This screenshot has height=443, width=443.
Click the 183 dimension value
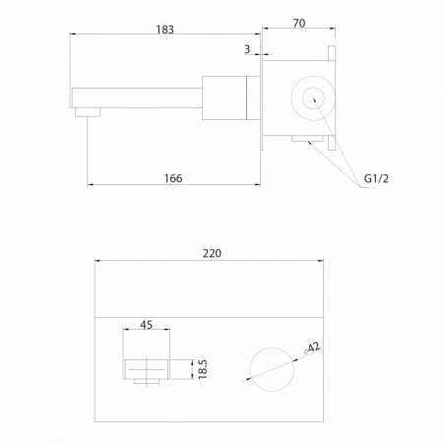[x=164, y=30]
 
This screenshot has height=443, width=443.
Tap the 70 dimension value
[x=299, y=24]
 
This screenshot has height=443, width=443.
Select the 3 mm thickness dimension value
[x=247, y=49]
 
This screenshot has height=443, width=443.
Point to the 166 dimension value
[x=173, y=178]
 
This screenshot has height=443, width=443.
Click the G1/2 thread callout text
[x=376, y=178]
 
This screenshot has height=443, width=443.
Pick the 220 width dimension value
[x=212, y=253]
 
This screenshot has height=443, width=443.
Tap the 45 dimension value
[x=146, y=325]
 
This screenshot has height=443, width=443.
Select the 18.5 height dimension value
[x=203, y=369]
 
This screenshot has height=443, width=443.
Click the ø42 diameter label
[x=312, y=348]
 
